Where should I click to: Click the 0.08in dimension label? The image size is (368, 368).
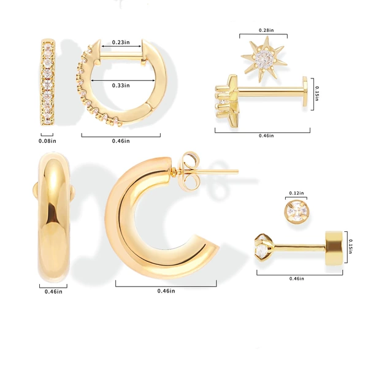click(47, 141)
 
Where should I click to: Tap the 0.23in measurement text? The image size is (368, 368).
click(121, 42)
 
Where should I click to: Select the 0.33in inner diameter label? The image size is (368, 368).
click(121, 85)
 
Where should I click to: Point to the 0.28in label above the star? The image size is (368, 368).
click(266, 30)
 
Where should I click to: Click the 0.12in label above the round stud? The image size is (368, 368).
click(296, 193)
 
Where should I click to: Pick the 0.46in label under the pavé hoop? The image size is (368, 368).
click(121, 141)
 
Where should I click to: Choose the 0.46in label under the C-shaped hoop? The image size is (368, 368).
click(166, 291)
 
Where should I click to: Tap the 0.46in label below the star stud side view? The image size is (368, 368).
click(266, 136)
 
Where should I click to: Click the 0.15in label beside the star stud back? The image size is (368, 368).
click(317, 94)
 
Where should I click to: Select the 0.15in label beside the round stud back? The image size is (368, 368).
click(350, 247)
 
